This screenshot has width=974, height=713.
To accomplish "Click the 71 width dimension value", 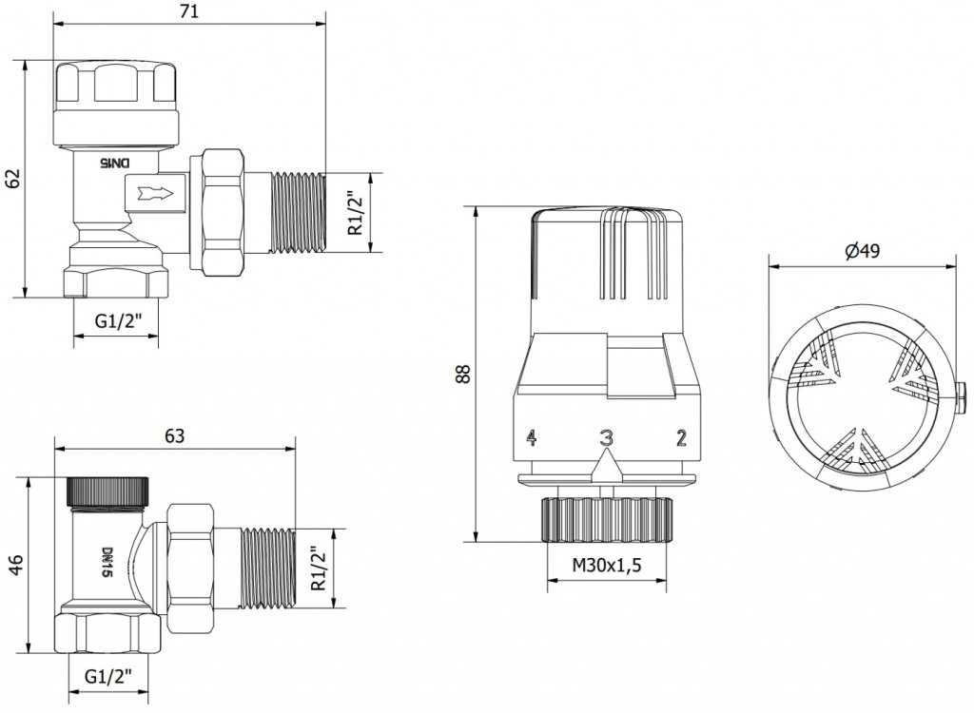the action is (x=189, y=11).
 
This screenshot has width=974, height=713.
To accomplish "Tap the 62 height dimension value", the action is (x=13, y=179).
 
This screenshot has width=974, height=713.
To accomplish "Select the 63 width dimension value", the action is (x=175, y=436).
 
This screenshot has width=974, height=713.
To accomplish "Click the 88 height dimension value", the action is (x=463, y=373).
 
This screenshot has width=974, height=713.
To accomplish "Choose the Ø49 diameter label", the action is (x=862, y=251).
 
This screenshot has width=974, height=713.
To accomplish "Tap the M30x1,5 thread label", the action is (x=606, y=566).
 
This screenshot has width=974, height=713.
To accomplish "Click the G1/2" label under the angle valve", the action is (x=118, y=321).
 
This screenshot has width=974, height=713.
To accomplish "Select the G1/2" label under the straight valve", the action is (x=108, y=676).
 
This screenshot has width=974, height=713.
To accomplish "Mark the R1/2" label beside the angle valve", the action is (x=356, y=212).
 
